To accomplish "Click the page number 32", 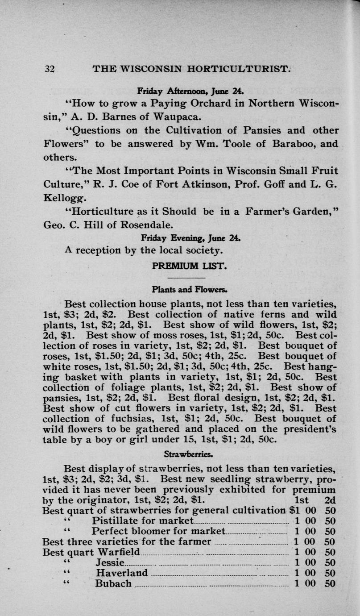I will (x=49, y=69).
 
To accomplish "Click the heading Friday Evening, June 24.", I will (x=191, y=237).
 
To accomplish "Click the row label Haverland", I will (x=122, y=573).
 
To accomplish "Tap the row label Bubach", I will (x=113, y=583).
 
